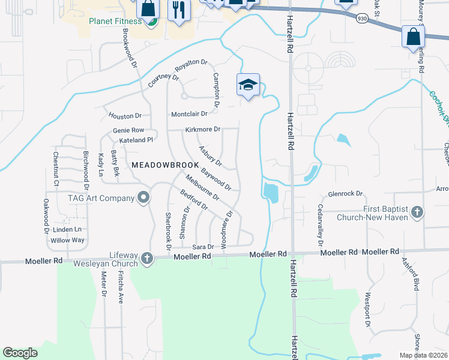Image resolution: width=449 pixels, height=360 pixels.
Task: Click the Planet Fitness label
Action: click(115, 22)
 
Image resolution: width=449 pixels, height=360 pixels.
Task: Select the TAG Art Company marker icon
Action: click(143, 198)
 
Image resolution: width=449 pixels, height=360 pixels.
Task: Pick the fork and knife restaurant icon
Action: click(179, 11)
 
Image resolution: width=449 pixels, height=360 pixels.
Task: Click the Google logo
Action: click(20, 353)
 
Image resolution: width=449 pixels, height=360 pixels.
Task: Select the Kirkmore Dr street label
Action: click(203, 129)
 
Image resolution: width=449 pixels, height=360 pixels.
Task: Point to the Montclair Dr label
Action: click(189, 113)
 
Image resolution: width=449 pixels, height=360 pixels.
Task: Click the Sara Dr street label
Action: click(203, 247)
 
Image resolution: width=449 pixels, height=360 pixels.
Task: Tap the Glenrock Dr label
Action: click(346, 194)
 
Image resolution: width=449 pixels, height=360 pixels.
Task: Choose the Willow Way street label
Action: click(67, 240)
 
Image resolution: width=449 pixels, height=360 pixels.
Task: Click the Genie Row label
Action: click(128, 130)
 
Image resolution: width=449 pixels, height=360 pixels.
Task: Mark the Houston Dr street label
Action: click(125, 115)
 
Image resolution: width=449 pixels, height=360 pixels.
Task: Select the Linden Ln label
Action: click(67, 230)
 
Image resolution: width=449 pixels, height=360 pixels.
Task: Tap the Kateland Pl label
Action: click(137, 140)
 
